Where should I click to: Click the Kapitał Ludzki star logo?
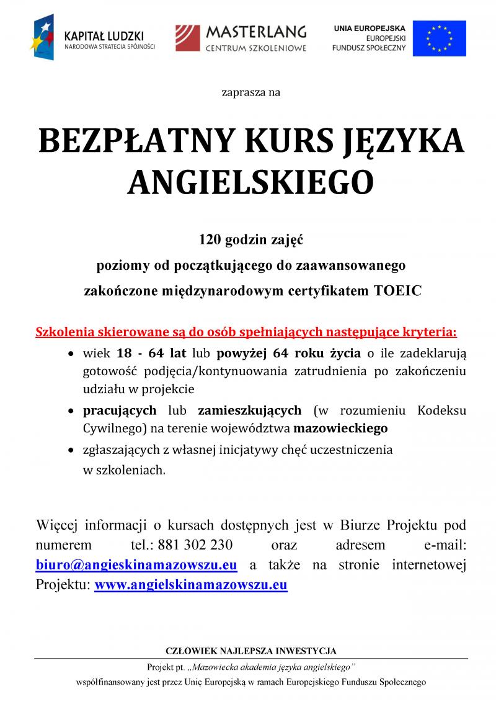click(44, 39)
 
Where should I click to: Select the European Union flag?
click(439, 38)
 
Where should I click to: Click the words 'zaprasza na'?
click(250, 93)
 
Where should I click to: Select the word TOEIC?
click(397, 290)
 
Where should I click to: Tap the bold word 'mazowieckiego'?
click(340, 428)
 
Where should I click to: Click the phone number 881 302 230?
click(195, 545)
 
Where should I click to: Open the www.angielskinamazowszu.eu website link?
click(190, 584)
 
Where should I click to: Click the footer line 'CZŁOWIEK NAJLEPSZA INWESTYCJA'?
click(250, 651)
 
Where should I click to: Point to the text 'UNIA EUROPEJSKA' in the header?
click(370, 29)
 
